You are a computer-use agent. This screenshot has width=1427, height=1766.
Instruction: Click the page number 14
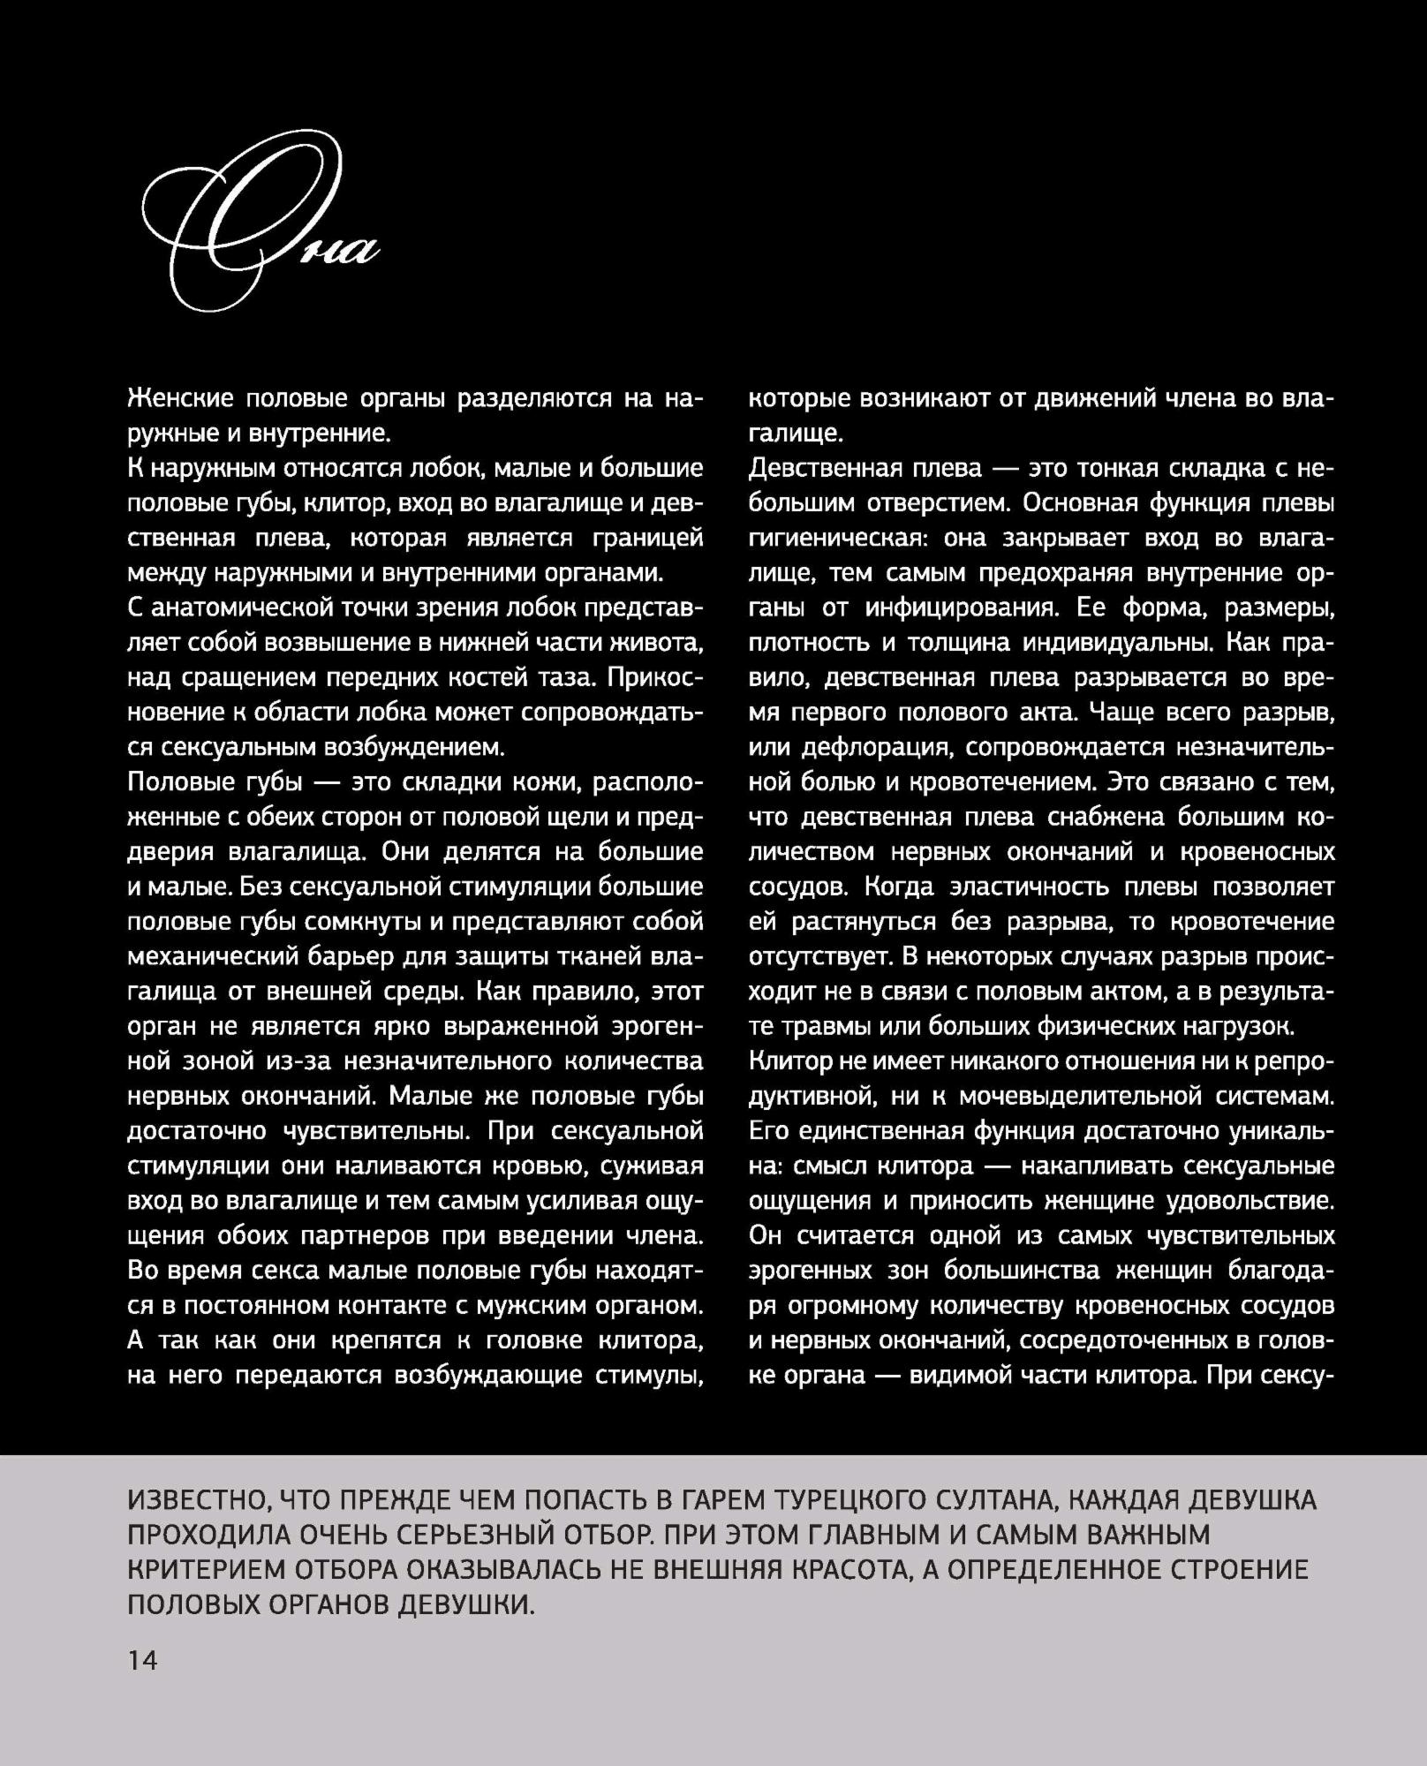[x=142, y=1660]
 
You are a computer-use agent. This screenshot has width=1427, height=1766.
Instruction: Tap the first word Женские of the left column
[x=180, y=399]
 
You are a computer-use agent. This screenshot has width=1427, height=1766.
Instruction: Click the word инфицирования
[x=961, y=608]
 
